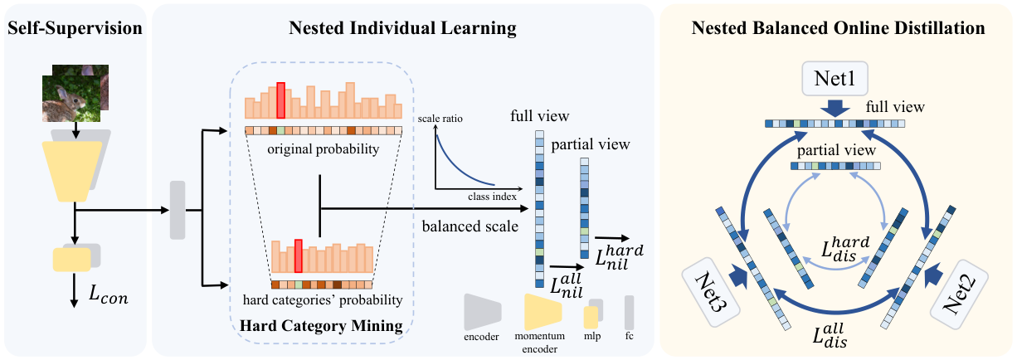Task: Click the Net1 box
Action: coord(835,79)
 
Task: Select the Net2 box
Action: coord(959,294)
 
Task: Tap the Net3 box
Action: coord(711,292)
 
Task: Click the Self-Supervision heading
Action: coord(75,28)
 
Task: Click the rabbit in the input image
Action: coord(64,103)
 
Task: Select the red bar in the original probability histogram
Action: coord(280,100)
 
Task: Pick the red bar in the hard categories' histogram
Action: coord(299,256)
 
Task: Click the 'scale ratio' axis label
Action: coord(440,119)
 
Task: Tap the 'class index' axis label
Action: coord(492,197)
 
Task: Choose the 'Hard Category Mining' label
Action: coord(321,325)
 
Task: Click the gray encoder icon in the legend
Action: coord(482,312)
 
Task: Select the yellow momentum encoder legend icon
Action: coord(543,312)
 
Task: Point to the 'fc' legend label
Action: coord(629,336)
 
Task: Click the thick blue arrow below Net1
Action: coord(835,109)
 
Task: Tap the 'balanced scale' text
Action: coord(470,226)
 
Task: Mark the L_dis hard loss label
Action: coord(845,248)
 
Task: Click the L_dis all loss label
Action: coord(830,334)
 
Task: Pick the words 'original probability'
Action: coord(323,149)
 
